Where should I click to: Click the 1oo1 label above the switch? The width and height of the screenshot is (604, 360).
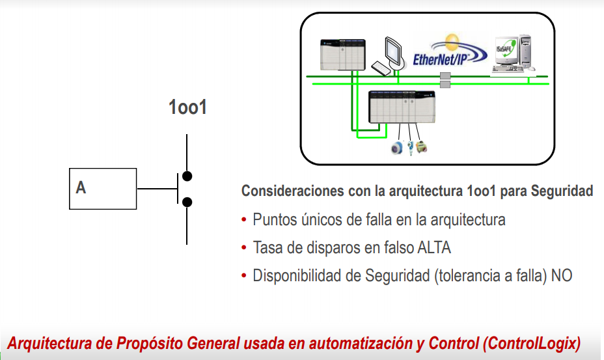pyautogui.click(x=187, y=107)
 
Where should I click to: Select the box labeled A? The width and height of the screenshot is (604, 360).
pyautogui.click(x=103, y=189)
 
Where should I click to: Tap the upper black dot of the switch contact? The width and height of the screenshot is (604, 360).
pyautogui.click(x=187, y=176)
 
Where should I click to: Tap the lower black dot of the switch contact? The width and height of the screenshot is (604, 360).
pyautogui.click(x=187, y=202)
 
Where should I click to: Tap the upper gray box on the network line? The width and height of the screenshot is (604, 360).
pyautogui.click(x=445, y=76)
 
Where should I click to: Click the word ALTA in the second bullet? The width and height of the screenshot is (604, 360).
pyautogui.click(x=433, y=248)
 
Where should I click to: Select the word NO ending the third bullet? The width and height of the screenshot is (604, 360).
pyautogui.click(x=562, y=276)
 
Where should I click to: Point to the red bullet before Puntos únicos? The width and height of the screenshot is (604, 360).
pyautogui.click(x=244, y=220)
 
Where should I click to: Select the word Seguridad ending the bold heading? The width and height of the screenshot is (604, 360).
pyautogui.click(x=562, y=191)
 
